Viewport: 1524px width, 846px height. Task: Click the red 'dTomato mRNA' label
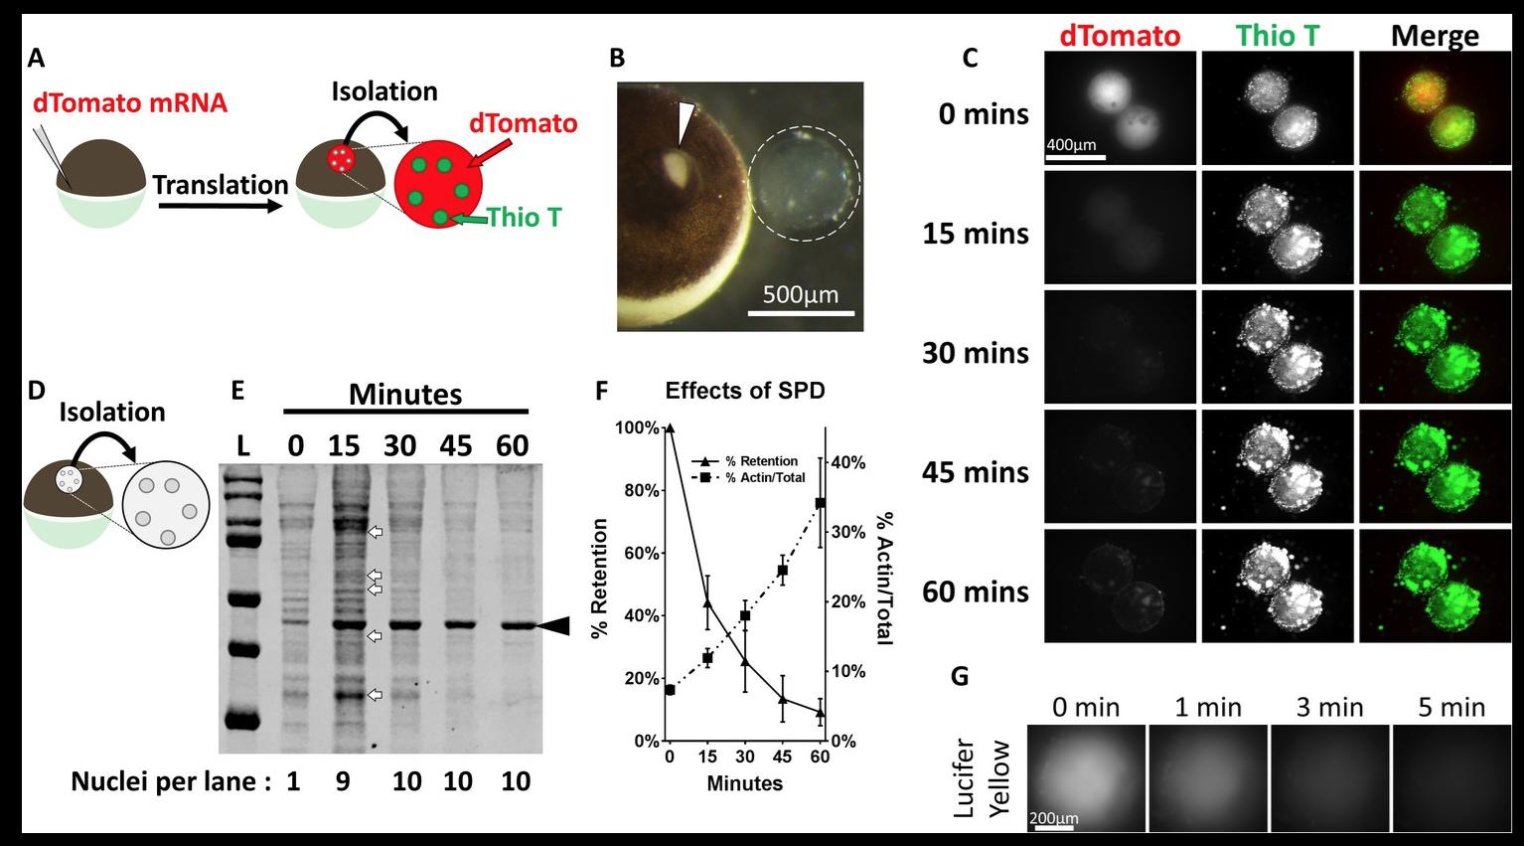click(x=130, y=102)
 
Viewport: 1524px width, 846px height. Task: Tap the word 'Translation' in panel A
click(x=220, y=185)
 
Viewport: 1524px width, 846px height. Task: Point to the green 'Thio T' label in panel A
click(x=524, y=217)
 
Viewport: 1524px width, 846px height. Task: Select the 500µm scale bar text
click(x=801, y=295)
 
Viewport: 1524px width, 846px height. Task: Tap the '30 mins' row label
click(x=975, y=353)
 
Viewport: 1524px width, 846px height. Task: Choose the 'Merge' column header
click(x=1435, y=37)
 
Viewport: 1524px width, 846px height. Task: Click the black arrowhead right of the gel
click(x=553, y=625)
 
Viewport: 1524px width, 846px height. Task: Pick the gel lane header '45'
click(x=458, y=445)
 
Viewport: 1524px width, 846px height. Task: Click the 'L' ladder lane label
click(x=243, y=446)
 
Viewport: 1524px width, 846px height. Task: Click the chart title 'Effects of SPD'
click(x=745, y=391)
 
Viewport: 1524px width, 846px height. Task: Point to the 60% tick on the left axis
click(x=640, y=553)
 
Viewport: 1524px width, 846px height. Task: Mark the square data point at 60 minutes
click(x=821, y=503)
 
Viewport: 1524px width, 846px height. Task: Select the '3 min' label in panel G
click(x=1330, y=707)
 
